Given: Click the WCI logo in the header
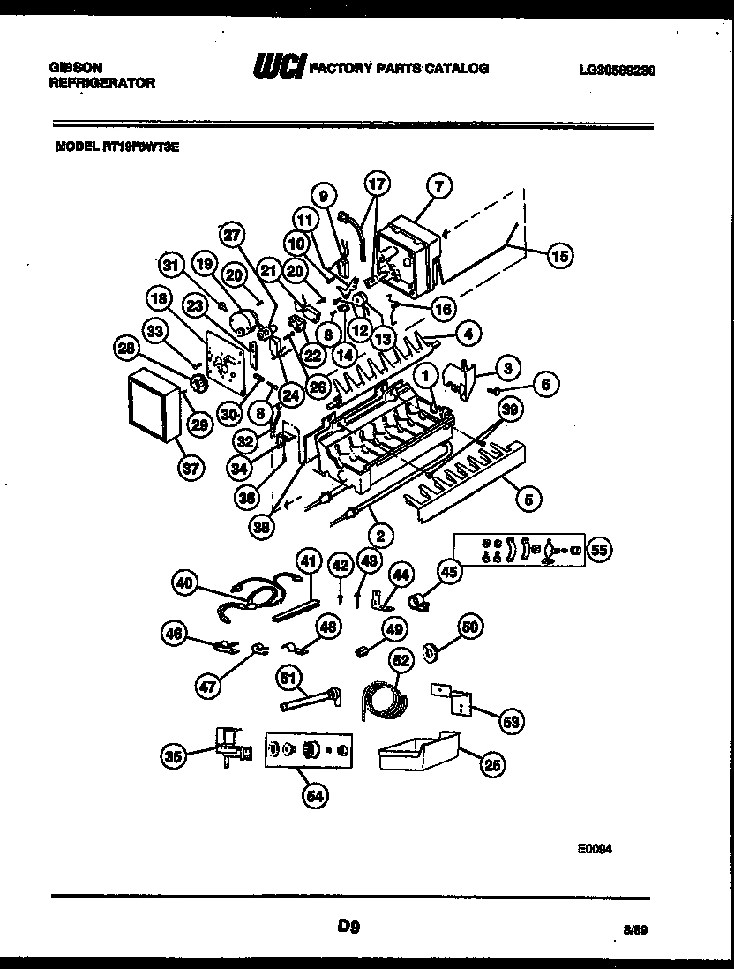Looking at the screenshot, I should [280, 68].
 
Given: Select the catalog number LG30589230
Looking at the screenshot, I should [617, 70].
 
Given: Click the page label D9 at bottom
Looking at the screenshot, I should [348, 926].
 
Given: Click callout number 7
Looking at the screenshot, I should [438, 185].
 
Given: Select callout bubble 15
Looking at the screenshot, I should [558, 256].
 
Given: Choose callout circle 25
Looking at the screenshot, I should [492, 765].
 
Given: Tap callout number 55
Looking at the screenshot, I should [600, 550].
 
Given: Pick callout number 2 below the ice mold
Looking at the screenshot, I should [382, 534].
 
